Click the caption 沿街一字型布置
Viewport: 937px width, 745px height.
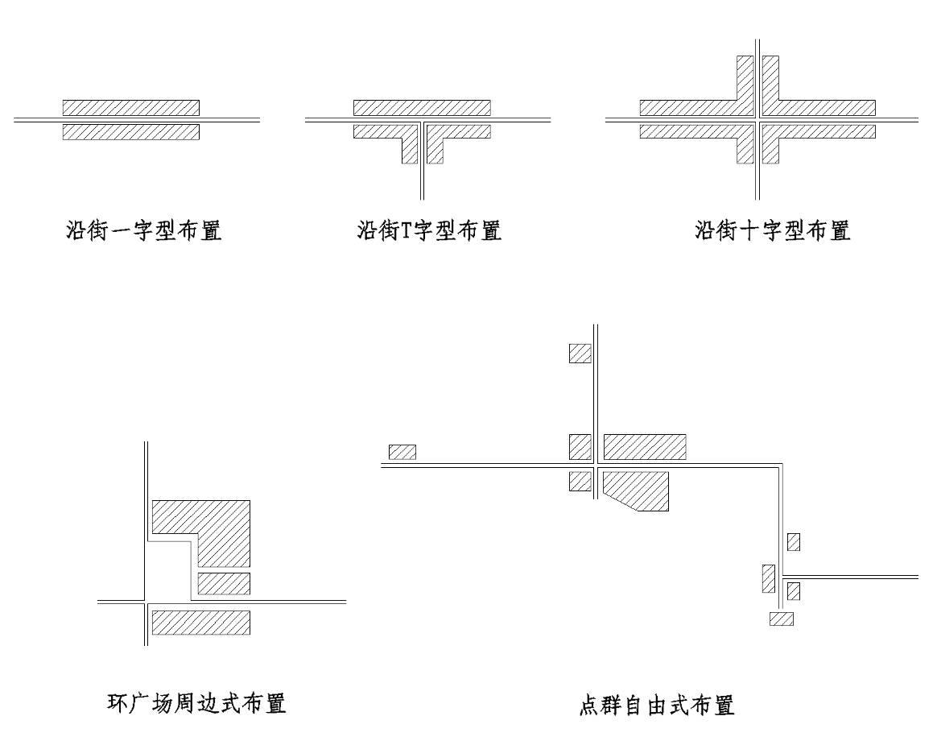(143, 230)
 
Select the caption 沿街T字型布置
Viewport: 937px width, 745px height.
(429, 230)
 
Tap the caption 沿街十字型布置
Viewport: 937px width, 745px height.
(772, 230)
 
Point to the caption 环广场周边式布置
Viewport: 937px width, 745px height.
(196, 703)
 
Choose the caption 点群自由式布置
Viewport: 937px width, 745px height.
(657, 706)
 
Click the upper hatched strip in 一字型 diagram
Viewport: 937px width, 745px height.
(131, 108)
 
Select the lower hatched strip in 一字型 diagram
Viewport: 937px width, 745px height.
(131, 131)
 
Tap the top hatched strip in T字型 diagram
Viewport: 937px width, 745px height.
(422, 108)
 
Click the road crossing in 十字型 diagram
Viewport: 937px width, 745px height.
(757, 119)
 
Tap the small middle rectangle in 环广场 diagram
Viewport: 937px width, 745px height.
(224, 584)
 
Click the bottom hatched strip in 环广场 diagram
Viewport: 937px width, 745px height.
(200, 623)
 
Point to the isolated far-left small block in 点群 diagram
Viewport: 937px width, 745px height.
(402, 452)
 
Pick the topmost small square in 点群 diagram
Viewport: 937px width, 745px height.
(580, 354)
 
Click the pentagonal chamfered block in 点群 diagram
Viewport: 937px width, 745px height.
(635, 491)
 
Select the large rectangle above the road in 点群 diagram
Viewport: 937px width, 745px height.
(645, 447)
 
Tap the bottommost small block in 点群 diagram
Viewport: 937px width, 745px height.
(782, 619)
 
